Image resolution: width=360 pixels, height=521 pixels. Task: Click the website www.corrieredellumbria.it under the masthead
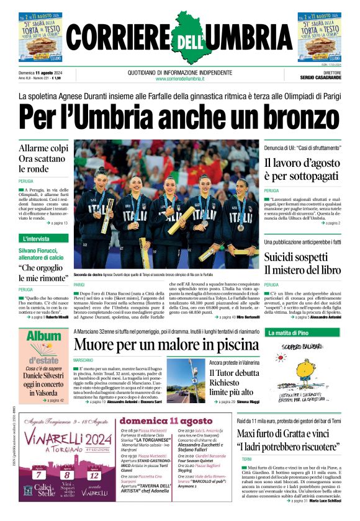[180, 79]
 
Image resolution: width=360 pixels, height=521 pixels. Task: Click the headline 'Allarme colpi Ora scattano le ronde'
[43, 158]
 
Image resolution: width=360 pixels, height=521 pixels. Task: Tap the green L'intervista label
[36, 238]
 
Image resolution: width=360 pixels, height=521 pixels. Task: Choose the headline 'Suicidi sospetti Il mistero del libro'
[302, 262]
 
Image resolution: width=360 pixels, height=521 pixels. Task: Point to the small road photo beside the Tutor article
[186, 380]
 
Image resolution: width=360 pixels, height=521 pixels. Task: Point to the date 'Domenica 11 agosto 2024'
[44, 73]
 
